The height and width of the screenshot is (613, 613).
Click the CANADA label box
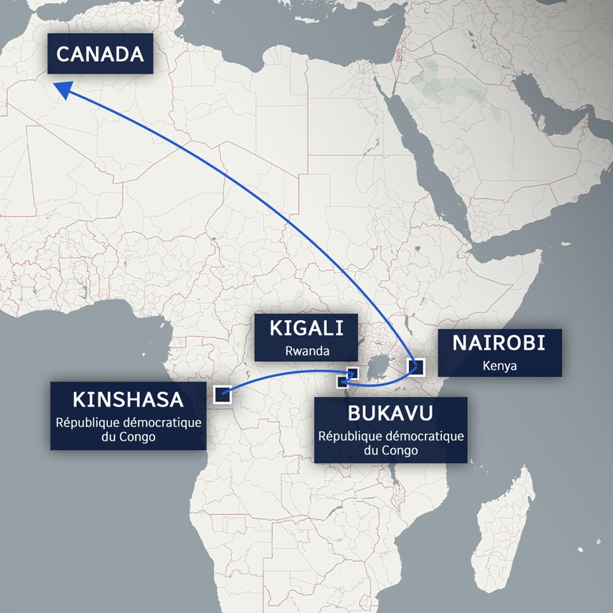pos(100,54)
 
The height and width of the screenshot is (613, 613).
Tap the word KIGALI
pos(306,329)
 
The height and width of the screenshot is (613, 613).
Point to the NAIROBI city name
pos(498,343)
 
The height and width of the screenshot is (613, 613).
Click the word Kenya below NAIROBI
pos(500,366)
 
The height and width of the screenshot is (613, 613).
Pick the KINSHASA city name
pos(128,400)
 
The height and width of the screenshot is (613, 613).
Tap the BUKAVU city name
pos(390,413)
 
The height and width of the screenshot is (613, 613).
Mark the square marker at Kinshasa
pos(222,395)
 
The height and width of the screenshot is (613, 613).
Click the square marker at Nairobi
pos(416,367)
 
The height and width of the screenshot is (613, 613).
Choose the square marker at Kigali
pos(352,373)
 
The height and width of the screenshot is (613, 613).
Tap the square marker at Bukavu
pos(343,383)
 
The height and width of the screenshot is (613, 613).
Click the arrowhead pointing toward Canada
pos(61,88)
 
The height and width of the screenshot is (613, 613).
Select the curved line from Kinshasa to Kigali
pos(282,373)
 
